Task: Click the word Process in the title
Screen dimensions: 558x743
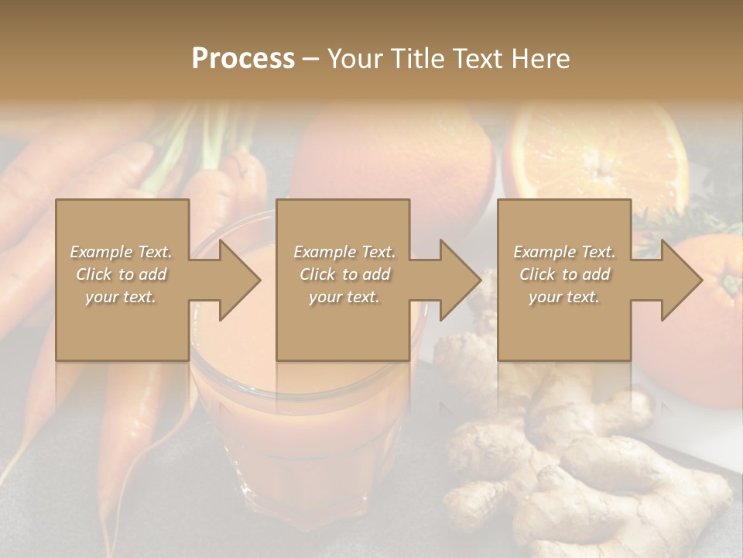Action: point(243,59)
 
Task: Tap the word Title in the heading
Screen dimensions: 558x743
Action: point(416,59)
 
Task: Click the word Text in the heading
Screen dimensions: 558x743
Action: point(477,59)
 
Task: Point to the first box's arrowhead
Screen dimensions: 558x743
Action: point(240,280)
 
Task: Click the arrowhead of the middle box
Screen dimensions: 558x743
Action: point(461,280)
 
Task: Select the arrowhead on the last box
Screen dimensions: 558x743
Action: point(681,280)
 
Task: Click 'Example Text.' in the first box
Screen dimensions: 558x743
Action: point(121,252)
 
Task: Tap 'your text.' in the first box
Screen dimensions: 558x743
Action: point(121,297)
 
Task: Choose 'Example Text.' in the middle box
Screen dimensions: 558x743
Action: point(344,252)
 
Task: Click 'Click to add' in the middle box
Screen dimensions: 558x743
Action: point(344,274)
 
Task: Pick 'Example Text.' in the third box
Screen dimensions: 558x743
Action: point(564,252)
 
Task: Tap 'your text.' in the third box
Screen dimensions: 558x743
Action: point(564,297)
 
